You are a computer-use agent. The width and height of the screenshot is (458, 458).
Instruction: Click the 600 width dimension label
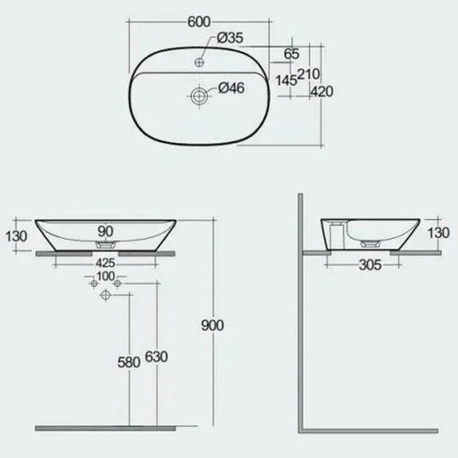click(x=199, y=22)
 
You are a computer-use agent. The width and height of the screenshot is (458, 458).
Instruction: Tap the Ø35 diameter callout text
click(x=230, y=38)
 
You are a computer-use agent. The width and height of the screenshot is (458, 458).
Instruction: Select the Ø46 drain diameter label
click(x=231, y=88)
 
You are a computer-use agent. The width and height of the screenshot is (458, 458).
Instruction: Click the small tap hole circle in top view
click(x=199, y=62)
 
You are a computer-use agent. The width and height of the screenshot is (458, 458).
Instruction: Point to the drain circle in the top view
click(x=199, y=96)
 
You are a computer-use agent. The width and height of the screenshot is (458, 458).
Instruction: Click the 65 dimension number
click(x=292, y=54)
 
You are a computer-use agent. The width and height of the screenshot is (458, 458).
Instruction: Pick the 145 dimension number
click(x=286, y=80)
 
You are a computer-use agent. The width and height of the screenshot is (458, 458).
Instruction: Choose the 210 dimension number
click(x=308, y=74)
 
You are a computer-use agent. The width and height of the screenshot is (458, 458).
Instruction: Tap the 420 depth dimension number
click(x=322, y=92)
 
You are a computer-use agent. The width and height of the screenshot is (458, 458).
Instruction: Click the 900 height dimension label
click(x=212, y=325)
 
